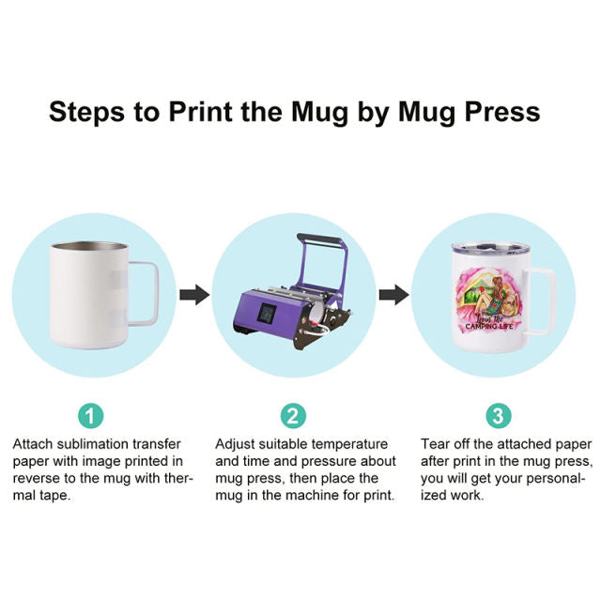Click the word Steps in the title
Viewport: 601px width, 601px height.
click(87, 112)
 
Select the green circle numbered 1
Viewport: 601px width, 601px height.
click(91, 415)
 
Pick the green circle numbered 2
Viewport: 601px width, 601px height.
click(293, 415)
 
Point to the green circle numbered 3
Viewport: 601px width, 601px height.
click(499, 415)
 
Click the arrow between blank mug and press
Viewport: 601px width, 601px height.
click(194, 295)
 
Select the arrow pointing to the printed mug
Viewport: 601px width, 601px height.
click(394, 295)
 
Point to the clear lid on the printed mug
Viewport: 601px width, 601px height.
click(490, 248)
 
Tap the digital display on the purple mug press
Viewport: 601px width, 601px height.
click(267, 314)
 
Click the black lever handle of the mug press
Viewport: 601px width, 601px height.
click(319, 239)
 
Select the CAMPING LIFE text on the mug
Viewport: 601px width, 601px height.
click(488, 326)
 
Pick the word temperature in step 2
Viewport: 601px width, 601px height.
click(349, 444)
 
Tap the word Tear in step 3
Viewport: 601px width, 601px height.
click(435, 444)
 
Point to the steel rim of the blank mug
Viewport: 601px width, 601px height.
click(89, 246)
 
